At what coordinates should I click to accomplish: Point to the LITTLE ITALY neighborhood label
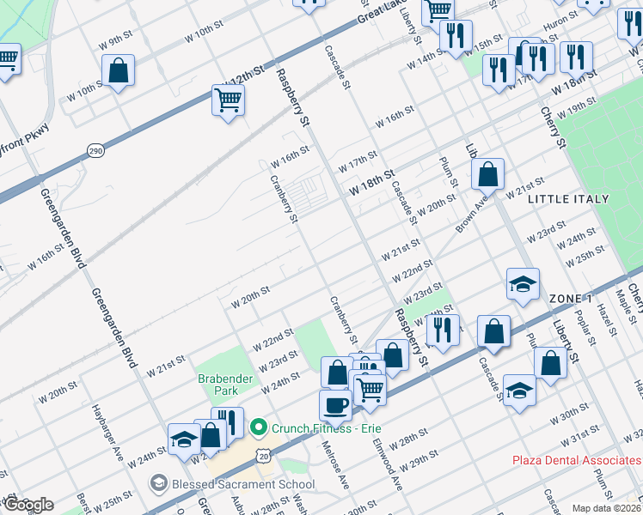[x=568, y=199]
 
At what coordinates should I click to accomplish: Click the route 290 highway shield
[x=95, y=151]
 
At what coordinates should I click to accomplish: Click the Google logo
[x=28, y=505]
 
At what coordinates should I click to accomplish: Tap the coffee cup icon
[x=335, y=404]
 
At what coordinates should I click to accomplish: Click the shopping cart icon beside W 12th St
[x=228, y=100]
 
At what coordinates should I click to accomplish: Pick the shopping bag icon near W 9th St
[x=119, y=70]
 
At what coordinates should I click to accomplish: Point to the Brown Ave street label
[x=471, y=215]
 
